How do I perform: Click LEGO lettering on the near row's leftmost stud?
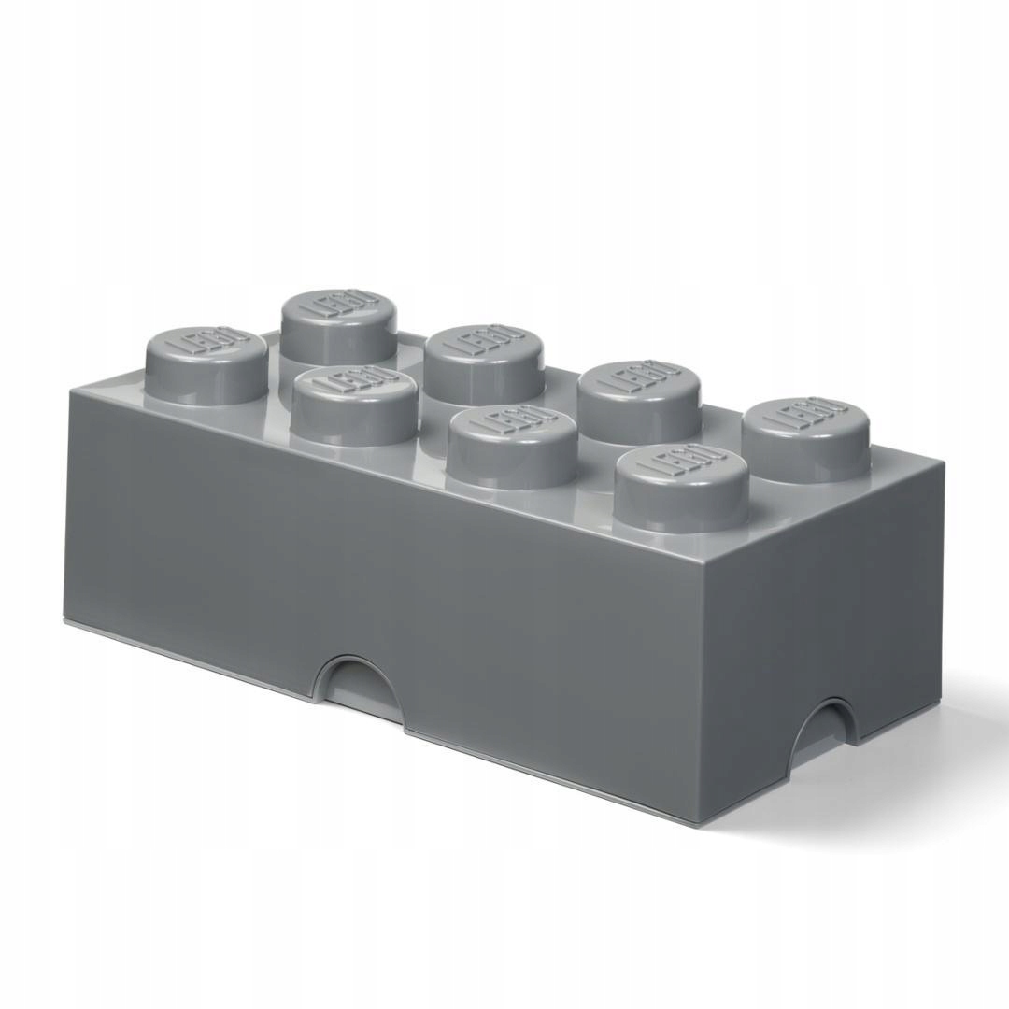(x=208, y=343)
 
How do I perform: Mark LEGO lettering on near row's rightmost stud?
(x=683, y=466)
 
